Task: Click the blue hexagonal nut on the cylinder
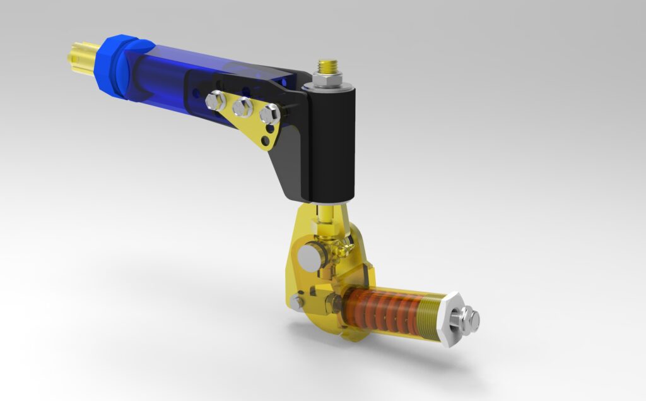coord(114,65)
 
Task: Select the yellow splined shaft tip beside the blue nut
coord(81,55)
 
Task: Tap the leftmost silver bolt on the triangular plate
coord(216,100)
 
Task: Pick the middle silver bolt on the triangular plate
coord(242,107)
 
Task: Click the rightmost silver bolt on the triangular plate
coord(269,114)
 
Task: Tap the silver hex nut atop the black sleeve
coord(327,80)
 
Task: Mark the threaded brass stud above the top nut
coord(328,65)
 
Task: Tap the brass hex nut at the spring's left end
coord(336,301)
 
